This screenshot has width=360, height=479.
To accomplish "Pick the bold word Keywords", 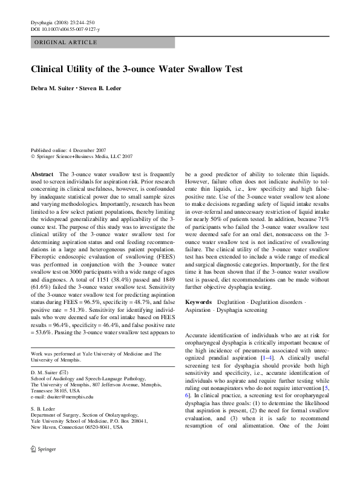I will tap(198, 302).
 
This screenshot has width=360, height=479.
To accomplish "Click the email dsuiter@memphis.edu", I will tap(70, 397).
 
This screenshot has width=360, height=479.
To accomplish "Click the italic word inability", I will tap(299, 180).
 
